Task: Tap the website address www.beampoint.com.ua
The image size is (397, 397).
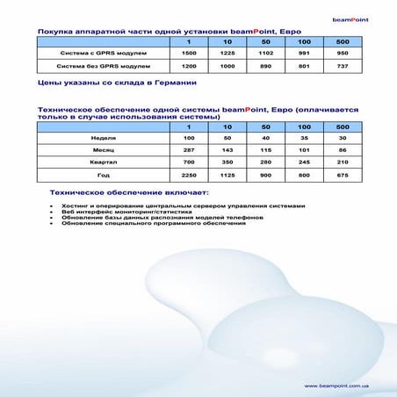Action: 336,386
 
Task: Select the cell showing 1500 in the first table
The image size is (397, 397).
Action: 188,54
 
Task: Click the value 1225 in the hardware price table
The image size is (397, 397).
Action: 227,54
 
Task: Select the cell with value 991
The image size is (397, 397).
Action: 304,54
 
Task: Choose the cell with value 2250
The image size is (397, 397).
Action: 188,175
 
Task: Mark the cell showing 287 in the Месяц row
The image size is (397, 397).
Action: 188,150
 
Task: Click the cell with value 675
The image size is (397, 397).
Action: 343,175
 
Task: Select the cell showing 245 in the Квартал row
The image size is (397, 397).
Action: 304,162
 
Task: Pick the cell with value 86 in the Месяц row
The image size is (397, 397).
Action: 343,150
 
